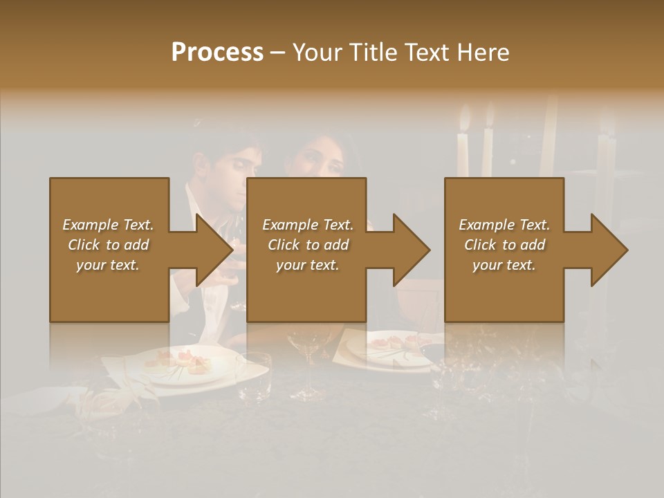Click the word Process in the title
[217, 53]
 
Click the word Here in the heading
[482, 53]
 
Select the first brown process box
[109, 290]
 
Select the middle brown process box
[306, 290]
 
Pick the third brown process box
[504, 290]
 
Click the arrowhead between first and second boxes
[215, 250]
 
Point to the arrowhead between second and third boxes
[412, 250]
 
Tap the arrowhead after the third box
[609, 250]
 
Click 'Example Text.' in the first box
[108, 225]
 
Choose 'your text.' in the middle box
[307, 265]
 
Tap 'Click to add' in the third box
[504, 245]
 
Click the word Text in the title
[426, 53]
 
